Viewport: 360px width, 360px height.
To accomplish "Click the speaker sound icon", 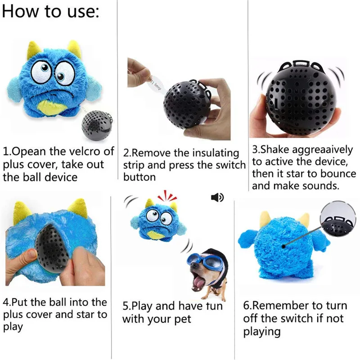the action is pyautogui.click(x=217, y=197).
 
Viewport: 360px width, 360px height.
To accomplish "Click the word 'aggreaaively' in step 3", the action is pyautogui.click(x=322, y=150).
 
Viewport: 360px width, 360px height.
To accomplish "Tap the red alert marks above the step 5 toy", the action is pyautogui.click(x=167, y=196).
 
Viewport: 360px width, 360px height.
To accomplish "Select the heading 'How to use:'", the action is pyautogui.click(x=51, y=12).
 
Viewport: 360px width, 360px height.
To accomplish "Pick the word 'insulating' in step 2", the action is pyautogui.click(x=216, y=153).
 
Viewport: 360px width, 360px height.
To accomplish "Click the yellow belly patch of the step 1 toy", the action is pyautogui.click(x=54, y=108).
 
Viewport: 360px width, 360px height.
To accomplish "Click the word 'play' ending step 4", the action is pyautogui.click(x=13, y=327).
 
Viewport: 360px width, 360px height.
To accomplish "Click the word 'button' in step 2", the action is pyautogui.click(x=139, y=177).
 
